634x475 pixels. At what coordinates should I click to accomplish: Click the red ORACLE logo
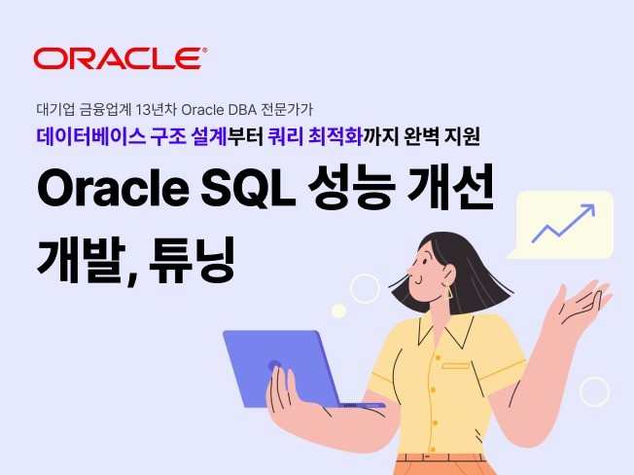(x=120, y=57)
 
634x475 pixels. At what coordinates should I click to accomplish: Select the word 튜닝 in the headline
(x=194, y=254)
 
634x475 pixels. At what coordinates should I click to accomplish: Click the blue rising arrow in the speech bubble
(x=563, y=222)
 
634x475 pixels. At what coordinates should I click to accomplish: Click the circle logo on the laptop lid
(x=275, y=367)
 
